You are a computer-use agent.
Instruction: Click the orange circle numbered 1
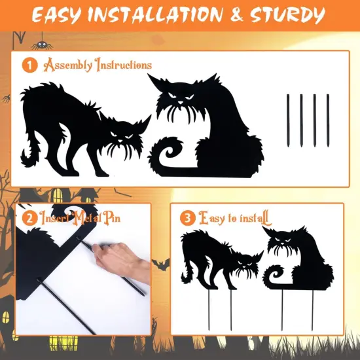(x=29, y=65)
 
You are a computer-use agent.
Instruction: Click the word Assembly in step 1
(x=68, y=65)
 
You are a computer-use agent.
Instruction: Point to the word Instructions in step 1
(x=124, y=65)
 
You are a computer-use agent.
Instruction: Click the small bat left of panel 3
(x=159, y=264)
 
